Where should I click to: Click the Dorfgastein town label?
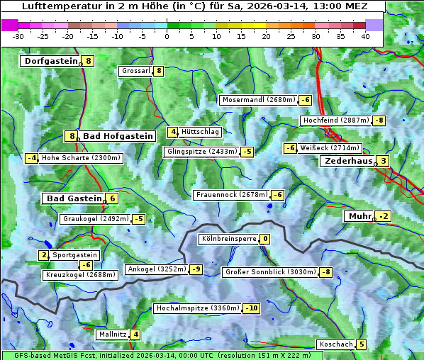pos(50,61)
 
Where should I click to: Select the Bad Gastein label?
pos(74,198)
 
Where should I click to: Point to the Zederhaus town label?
pos(347,162)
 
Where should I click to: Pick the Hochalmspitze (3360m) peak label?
pos(197,308)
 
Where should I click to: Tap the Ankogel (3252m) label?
pos(156,269)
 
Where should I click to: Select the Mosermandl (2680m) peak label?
pos(258,100)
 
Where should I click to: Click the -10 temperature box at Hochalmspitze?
pos(251,308)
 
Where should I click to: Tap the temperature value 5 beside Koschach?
pos(362,344)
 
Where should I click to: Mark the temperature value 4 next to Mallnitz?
pos(135,334)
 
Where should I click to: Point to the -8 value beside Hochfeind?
pos(379,120)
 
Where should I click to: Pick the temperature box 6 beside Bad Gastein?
pos(112,198)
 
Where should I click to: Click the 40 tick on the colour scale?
pos(365,35)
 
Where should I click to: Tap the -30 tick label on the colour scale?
pos(18,35)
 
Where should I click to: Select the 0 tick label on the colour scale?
pos(167,35)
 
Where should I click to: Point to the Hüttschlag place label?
pos(201,132)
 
